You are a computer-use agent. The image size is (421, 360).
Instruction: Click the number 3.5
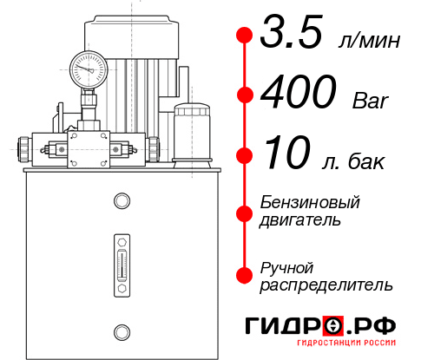click(290, 34)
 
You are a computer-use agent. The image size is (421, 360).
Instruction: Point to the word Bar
click(371, 101)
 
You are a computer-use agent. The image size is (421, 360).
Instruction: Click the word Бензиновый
click(310, 201)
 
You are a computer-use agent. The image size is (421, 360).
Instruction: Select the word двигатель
click(300, 219)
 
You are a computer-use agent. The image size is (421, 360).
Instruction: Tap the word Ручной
click(287, 265)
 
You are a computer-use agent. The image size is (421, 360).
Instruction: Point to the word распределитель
click(326, 284)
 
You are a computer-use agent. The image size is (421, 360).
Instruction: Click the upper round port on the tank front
click(121, 202)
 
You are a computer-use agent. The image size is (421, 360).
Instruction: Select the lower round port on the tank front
click(121, 330)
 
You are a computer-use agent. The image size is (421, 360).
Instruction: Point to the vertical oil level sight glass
click(121, 260)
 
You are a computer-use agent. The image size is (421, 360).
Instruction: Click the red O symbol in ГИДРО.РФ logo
click(332, 327)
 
